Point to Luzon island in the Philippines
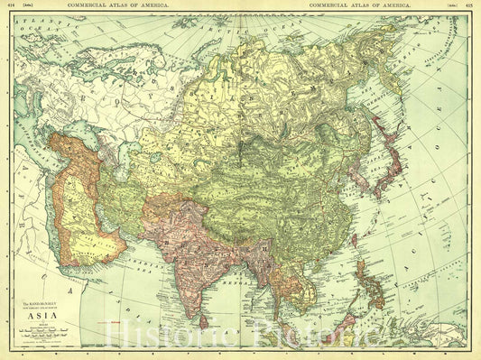(364, 271)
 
